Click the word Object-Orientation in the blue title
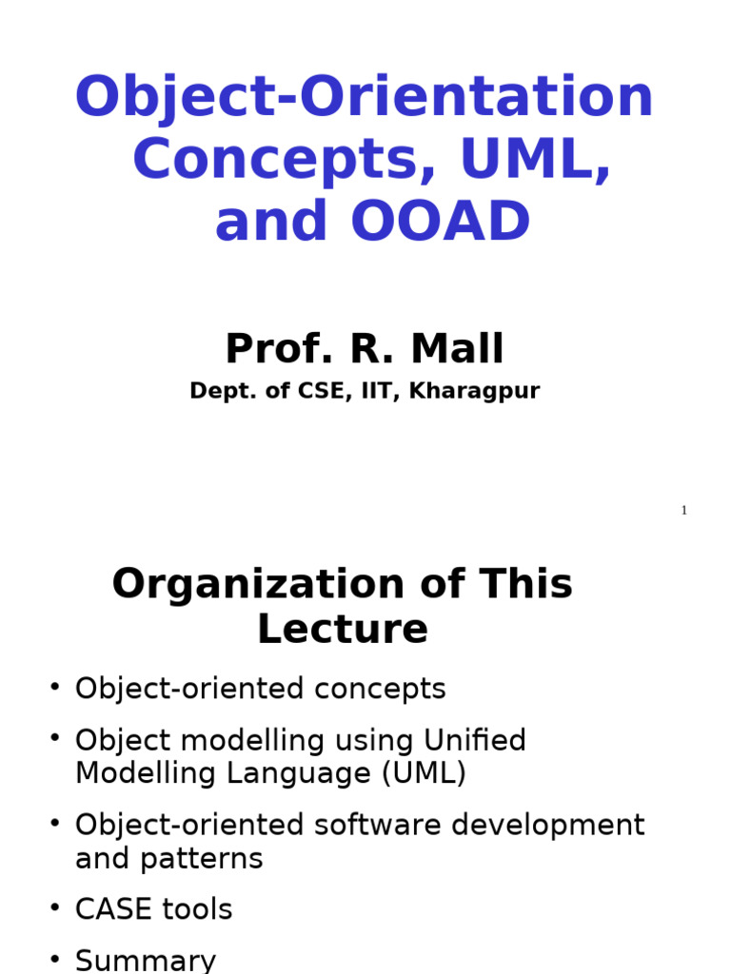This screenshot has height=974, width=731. pyautogui.click(x=365, y=98)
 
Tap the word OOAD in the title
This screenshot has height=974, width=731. pyautogui.click(x=440, y=223)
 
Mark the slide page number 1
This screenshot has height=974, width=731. pyautogui.click(x=683, y=511)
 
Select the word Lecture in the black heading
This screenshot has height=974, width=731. pyautogui.click(x=343, y=630)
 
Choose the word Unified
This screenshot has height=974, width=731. pyautogui.click(x=475, y=741)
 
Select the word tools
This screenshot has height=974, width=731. pyautogui.click(x=197, y=910)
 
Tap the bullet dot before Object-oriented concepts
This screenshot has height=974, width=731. pyautogui.click(x=55, y=685)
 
